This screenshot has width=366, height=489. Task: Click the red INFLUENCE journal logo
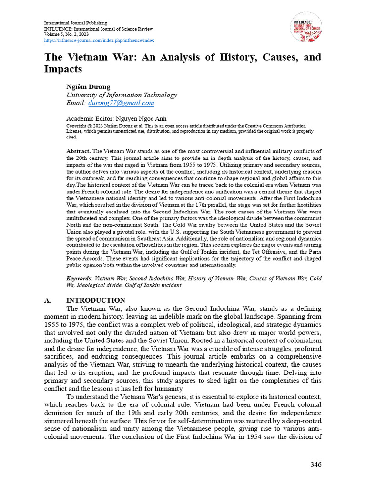click(305, 27)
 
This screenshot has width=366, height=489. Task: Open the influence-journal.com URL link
click(99, 41)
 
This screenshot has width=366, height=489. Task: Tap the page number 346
click(315, 464)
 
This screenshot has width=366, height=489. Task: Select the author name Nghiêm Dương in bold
click(88, 86)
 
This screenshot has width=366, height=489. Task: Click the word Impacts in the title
click(63, 69)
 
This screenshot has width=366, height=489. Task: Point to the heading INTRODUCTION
click(95, 300)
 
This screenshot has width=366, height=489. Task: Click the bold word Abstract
click(78, 151)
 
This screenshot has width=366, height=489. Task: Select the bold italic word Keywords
click(79, 278)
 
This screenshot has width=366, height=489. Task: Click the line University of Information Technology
click(122, 95)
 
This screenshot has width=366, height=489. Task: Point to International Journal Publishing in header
click(76, 23)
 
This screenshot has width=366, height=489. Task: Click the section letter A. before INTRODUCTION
click(48, 300)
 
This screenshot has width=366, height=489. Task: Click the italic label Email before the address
click(76, 103)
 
